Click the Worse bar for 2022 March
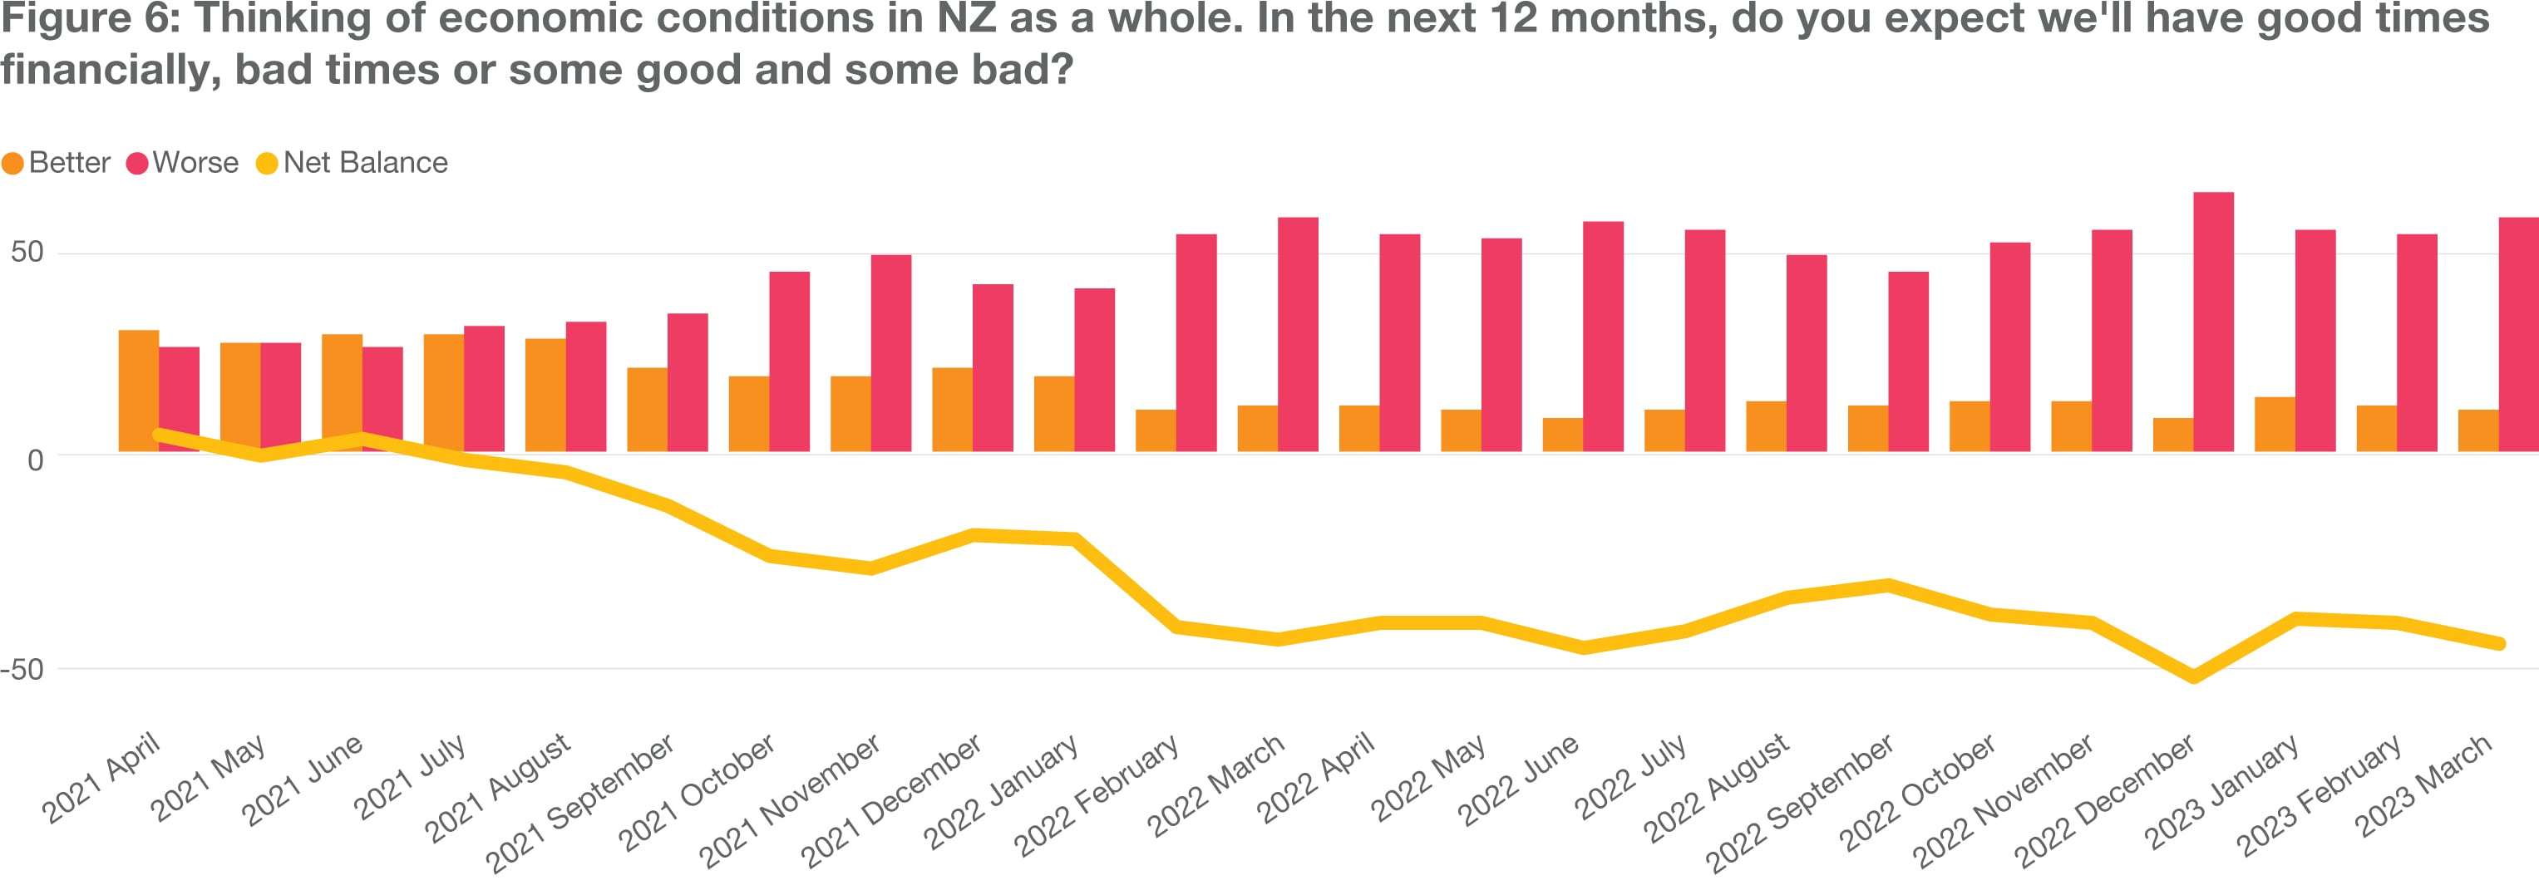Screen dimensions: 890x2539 [1298, 334]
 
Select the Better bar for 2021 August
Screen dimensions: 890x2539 [545, 396]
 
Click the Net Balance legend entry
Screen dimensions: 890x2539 [352, 163]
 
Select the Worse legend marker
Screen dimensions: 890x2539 [137, 164]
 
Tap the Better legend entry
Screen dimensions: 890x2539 [57, 163]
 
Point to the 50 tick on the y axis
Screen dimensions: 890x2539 [27, 253]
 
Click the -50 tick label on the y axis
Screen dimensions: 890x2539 [22, 669]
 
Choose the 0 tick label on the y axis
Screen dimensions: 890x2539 [36, 460]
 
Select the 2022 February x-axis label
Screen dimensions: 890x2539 [1098, 794]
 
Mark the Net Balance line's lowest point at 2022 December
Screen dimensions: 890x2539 [2193, 677]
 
